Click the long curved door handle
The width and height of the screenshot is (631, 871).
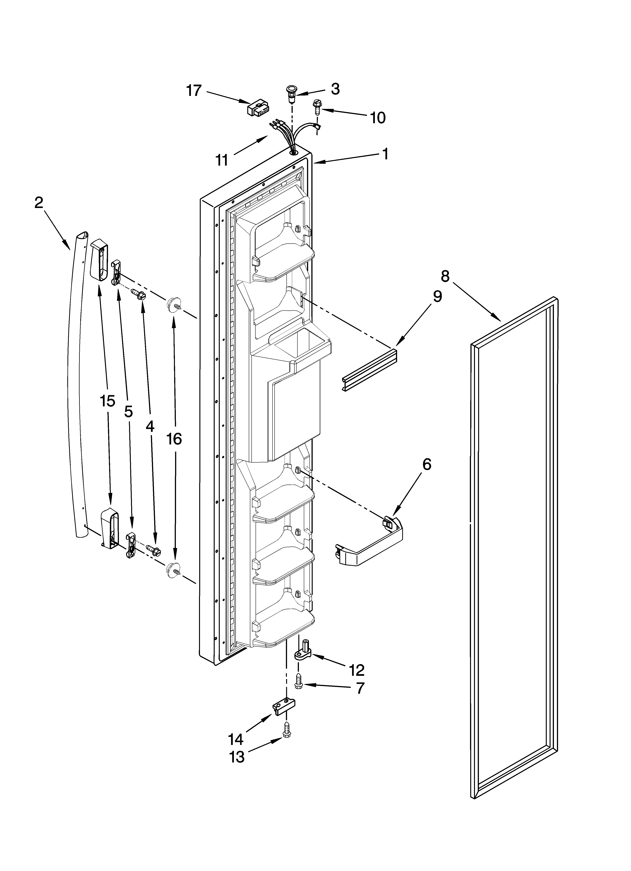(x=76, y=384)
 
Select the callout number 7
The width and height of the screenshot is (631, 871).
(x=359, y=688)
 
